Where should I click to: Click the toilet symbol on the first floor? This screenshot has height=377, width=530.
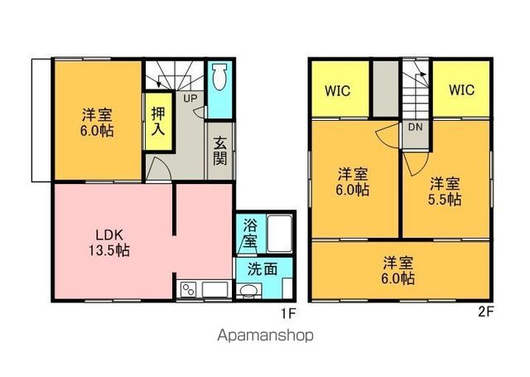tap(219, 77)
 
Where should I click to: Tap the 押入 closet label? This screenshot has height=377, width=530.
tap(158, 121)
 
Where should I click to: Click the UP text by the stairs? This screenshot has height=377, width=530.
tap(190, 99)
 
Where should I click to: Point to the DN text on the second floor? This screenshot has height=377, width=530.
tap(416, 127)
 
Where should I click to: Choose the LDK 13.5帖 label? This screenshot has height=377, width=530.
tap(108, 243)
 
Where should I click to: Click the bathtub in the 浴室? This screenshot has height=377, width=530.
tap(280, 234)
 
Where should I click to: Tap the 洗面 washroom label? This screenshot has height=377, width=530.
tap(263, 269)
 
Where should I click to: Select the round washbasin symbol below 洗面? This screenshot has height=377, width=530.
tap(249, 291)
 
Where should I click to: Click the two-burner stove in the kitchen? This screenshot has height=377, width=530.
tap(188, 290)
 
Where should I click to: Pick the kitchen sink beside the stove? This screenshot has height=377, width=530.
tap(215, 290)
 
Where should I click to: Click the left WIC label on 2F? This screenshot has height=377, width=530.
tap(337, 90)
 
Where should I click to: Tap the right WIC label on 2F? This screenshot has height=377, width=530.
tap(462, 90)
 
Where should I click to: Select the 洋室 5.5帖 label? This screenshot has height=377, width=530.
tap(445, 191)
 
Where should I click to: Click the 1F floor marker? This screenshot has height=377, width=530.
tap(288, 314)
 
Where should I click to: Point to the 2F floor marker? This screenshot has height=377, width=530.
tap(486, 312)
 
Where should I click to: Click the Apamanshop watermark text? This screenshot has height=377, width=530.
tap(265, 336)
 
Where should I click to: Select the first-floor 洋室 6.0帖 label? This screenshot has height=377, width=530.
tap(98, 123)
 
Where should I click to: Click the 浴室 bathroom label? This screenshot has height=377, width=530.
tap(249, 234)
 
